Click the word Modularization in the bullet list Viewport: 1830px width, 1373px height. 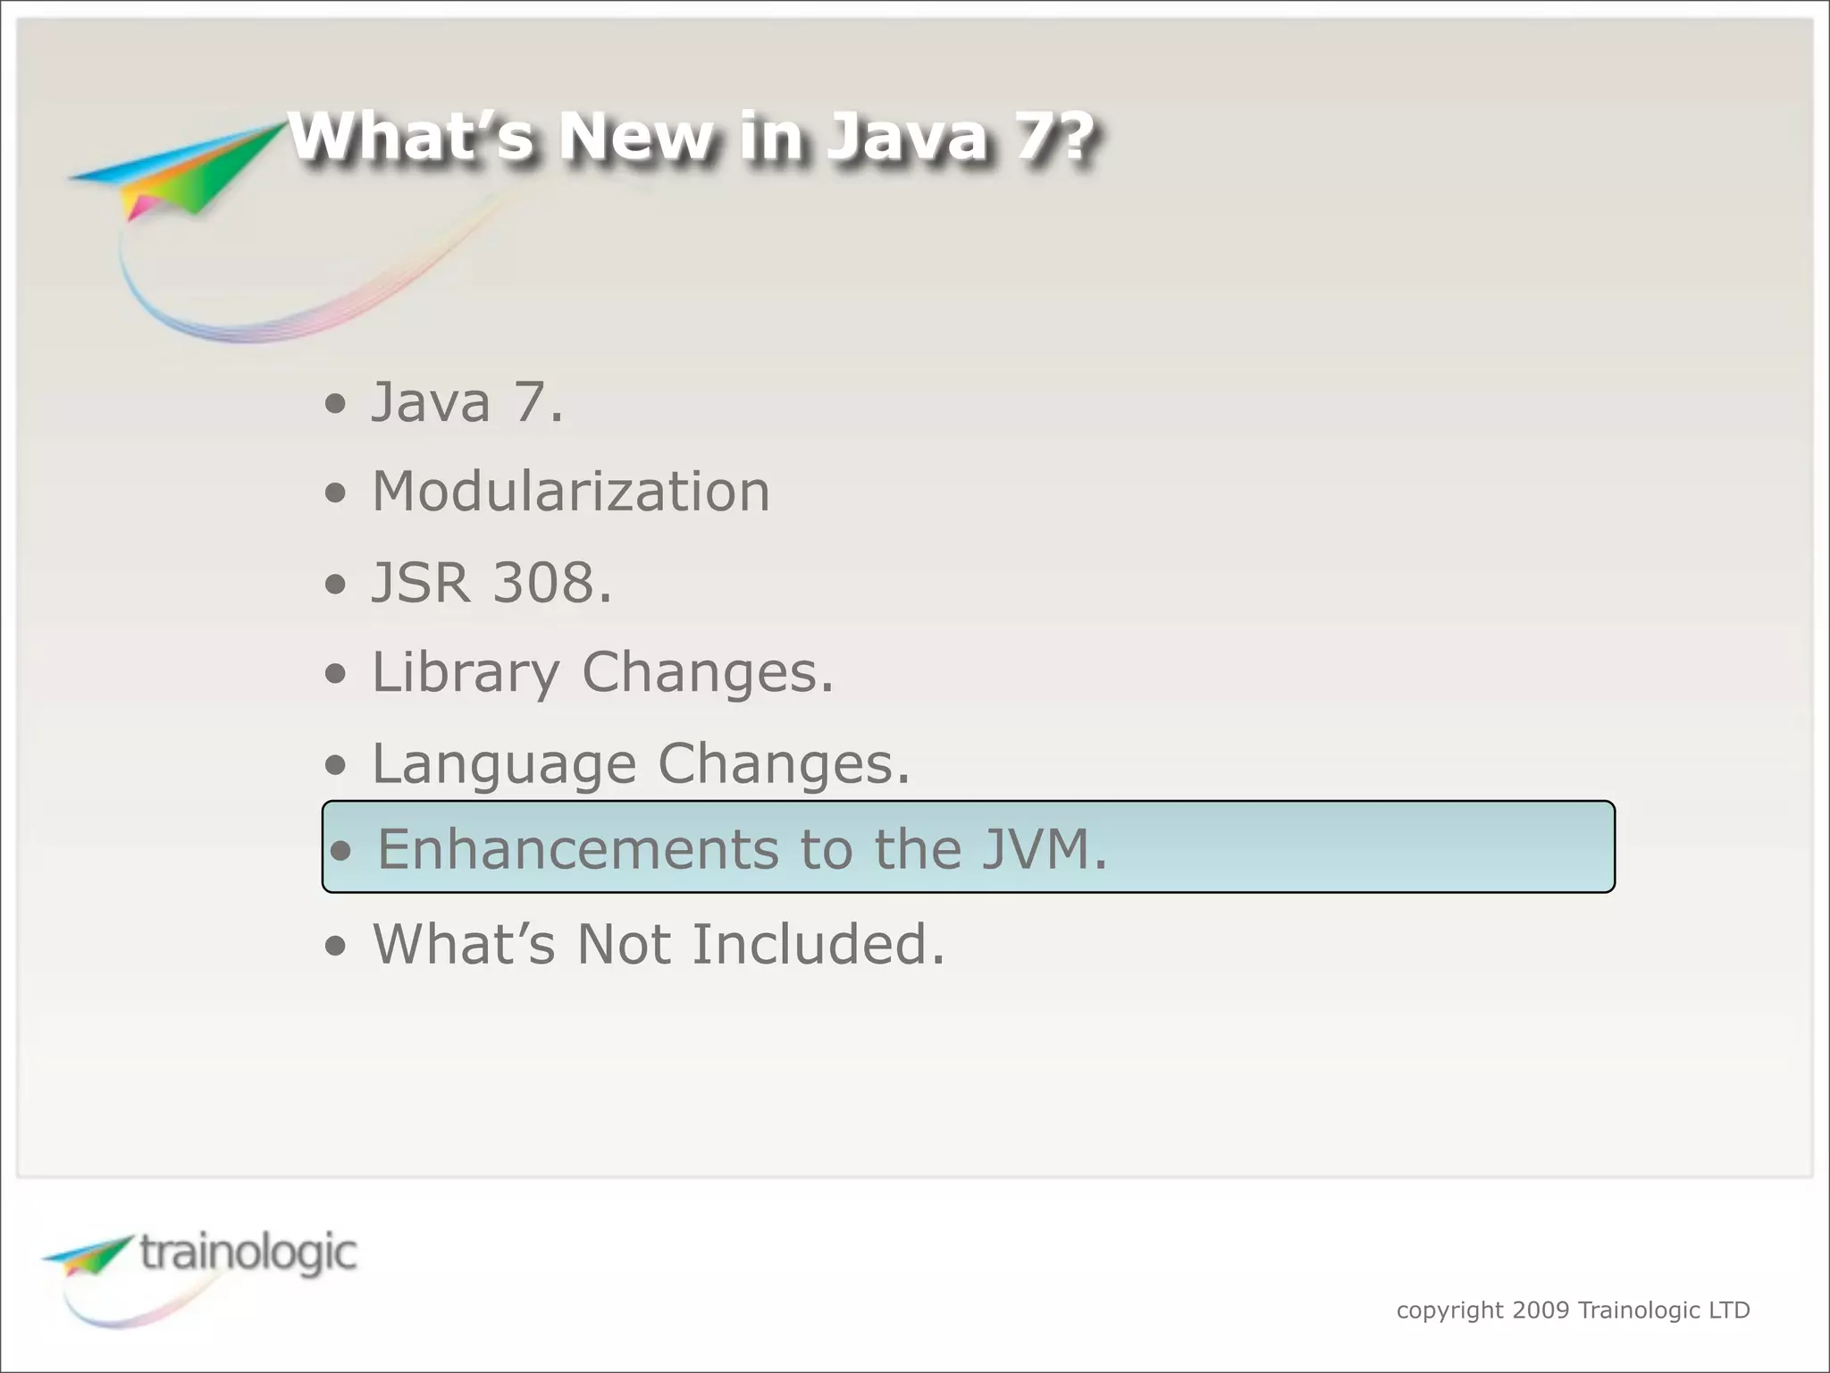570,493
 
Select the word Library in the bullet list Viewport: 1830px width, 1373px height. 465,673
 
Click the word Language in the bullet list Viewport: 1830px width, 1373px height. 503,764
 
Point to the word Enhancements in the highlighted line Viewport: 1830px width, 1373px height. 577,849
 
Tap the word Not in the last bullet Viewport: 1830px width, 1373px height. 623,945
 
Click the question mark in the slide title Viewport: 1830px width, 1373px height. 1070,138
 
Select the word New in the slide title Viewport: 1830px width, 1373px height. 635,138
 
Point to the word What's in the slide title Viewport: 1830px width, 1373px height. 410,138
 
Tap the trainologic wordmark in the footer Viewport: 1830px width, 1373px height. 248,1253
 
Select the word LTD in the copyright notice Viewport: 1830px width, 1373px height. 1728,1310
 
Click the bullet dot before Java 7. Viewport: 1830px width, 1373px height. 335,404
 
